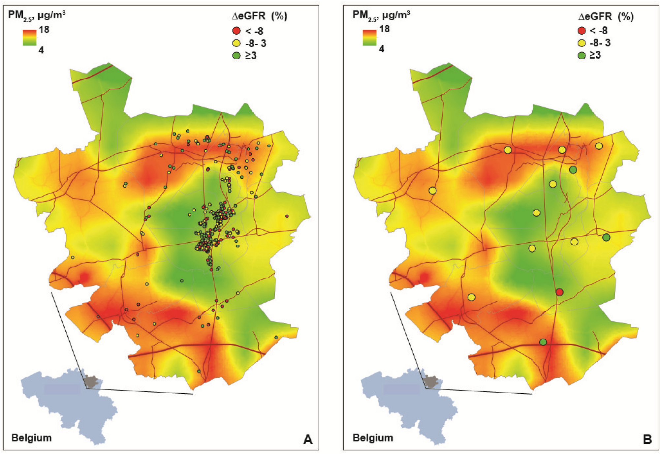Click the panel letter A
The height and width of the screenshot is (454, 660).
pyautogui.click(x=307, y=439)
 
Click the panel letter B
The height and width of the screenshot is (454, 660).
pyautogui.click(x=647, y=439)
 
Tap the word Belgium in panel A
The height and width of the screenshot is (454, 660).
pyautogui.click(x=31, y=438)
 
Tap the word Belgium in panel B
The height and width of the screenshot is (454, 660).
pyautogui.click(x=373, y=438)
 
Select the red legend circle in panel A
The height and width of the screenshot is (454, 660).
pyautogui.click(x=236, y=31)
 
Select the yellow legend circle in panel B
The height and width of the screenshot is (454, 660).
pyautogui.click(x=582, y=43)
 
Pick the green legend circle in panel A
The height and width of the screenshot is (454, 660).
pyautogui.click(x=236, y=56)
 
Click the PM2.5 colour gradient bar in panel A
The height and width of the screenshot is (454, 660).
pyautogui.click(x=29, y=38)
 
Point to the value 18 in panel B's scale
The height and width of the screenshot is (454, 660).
pyautogui.click(x=384, y=29)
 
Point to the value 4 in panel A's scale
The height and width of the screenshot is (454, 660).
pyautogui.click(x=41, y=50)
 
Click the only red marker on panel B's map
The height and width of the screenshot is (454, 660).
pyautogui.click(x=559, y=292)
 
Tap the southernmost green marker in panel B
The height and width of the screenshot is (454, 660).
pyautogui.click(x=543, y=342)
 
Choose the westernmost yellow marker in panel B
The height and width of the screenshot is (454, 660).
pyautogui.click(x=432, y=191)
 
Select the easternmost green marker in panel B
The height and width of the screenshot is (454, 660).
pyautogui.click(x=606, y=237)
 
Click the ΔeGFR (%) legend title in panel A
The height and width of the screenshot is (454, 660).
pyautogui.click(x=260, y=16)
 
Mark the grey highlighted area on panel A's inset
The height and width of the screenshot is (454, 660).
pyautogui.click(x=91, y=381)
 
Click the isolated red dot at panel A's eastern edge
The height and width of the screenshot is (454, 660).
pyautogui.click(x=287, y=216)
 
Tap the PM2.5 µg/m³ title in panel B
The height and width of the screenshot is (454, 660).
pyautogui.click(x=381, y=15)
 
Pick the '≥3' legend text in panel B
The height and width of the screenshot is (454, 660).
pyautogui.click(x=595, y=55)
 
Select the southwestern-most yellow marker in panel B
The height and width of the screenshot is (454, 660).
pyautogui.click(x=472, y=297)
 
